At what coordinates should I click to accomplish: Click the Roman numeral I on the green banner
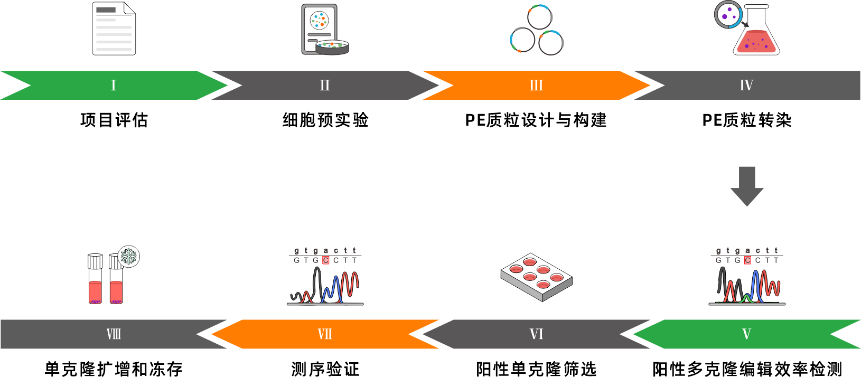pos(113,86)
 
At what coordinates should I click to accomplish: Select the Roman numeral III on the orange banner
pos(536,86)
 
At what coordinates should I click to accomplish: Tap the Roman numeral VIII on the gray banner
pos(114,334)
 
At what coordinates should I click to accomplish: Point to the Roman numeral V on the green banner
pos(746,334)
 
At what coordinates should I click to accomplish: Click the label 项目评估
pos(114,120)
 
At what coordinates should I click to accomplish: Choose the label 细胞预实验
pos(325,120)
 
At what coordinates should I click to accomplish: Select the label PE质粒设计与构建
pos(536,120)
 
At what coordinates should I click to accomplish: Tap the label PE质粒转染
pos(747,120)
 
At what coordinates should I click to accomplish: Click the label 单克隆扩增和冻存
pos(114,369)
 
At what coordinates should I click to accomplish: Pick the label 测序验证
pos(325,369)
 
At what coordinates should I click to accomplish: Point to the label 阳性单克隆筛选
pos(536,369)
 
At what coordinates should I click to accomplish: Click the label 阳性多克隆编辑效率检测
pos(747,369)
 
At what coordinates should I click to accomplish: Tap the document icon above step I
pos(114,29)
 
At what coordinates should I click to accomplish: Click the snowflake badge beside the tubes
pos(128,257)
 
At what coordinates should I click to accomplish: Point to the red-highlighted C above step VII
pos(326,260)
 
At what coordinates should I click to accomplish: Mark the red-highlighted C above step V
pos(747,260)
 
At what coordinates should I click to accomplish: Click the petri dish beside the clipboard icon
pos(332,48)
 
